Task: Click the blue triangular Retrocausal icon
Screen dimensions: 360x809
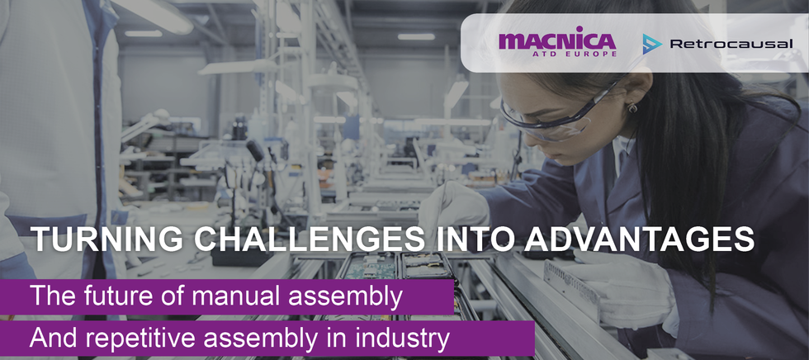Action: pyautogui.click(x=652, y=44)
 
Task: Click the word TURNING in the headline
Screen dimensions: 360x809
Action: pyautogui.click(x=96, y=239)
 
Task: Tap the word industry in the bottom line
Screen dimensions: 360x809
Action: pyautogui.click(x=408, y=339)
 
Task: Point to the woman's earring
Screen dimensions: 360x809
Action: pyautogui.click(x=633, y=107)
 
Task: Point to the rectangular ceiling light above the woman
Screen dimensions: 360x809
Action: pyautogui.click(x=416, y=36)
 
